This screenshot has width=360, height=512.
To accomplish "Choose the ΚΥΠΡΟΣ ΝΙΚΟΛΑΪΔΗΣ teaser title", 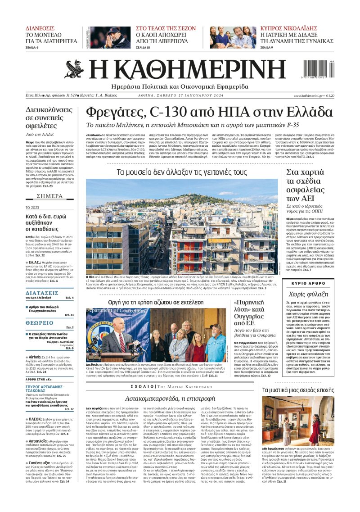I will (297, 28).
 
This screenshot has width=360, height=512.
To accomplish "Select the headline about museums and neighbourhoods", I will (182, 172).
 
